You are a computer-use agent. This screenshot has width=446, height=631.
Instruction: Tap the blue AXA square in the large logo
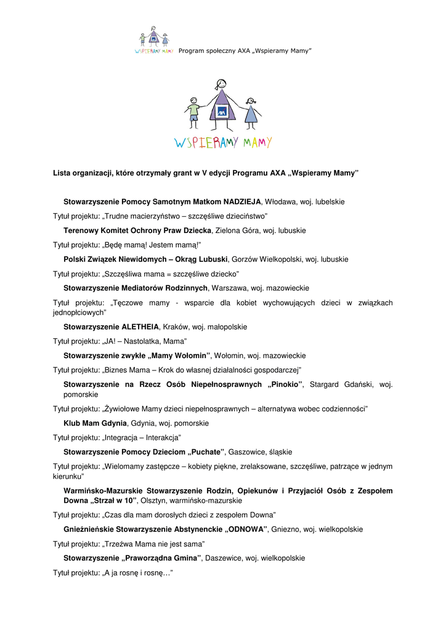(x=221, y=112)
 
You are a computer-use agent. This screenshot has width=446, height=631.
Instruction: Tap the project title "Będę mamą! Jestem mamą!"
(x=148, y=245)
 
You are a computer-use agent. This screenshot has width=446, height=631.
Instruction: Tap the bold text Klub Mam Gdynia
(x=95, y=423)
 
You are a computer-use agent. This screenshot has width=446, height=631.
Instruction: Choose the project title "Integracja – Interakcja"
(x=141, y=438)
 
